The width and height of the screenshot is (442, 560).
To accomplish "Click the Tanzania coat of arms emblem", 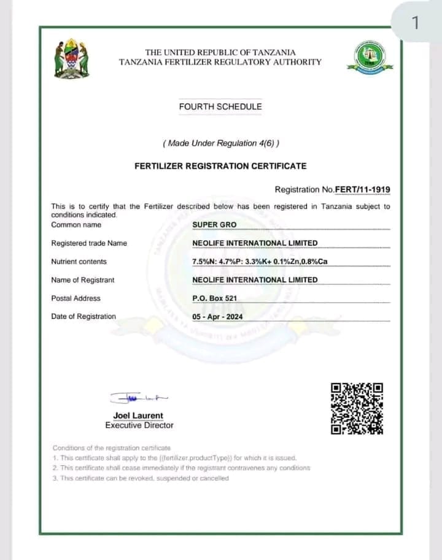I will (x=71, y=59).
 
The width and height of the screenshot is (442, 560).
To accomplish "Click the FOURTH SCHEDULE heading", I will (x=220, y=107).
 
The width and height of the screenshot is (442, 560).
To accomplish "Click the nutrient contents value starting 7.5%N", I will (x=260, y=262).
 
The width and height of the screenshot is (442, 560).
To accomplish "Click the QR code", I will (x=357, y=408).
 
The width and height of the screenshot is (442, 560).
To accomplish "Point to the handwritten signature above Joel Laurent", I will (x=138, y=398).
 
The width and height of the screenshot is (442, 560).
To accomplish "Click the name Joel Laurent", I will (x=138, y=415).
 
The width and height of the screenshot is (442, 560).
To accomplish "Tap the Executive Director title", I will (x=139, y=425).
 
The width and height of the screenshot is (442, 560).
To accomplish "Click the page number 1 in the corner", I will (x=415, y=23).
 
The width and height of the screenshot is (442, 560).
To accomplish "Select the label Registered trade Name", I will (x=89, y=243).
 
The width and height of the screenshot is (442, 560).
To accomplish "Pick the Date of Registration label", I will (x=83, y=317).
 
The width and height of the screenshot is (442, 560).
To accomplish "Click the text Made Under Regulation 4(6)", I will (x=220, y=143).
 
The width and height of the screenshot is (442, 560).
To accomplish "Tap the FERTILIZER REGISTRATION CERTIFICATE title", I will (x=220, y=166).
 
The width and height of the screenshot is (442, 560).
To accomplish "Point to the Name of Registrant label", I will (x=82, y=280).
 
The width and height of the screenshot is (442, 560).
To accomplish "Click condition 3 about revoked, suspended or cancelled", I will (x=141, y=478).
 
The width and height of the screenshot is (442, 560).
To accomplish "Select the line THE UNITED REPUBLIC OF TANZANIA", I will (x=220, y=53).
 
